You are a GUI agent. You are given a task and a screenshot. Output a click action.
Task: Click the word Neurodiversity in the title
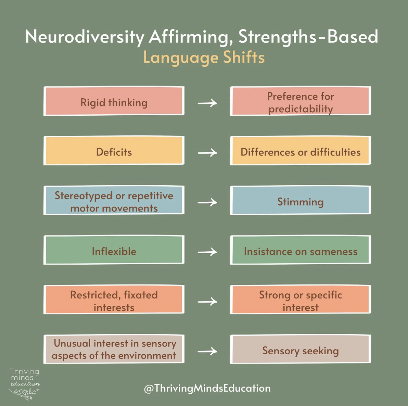coord(85,37)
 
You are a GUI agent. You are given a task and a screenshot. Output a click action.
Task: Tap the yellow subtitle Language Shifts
coord(204,58)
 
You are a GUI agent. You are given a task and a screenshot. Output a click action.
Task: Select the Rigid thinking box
coord(114,101)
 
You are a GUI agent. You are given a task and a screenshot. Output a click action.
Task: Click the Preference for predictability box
coord(300,101)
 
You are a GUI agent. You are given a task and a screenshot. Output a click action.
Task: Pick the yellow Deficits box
coord(114,151)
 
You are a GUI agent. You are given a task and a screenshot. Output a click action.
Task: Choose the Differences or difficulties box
coord(300,151)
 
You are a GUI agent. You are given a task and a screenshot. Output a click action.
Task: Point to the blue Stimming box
coord(300,201)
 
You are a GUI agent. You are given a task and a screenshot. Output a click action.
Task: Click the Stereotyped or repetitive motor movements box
coord(114,201)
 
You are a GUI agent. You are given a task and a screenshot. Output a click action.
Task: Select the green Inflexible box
coord(114,250)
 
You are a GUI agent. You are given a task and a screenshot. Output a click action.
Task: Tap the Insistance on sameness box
coord(300,250)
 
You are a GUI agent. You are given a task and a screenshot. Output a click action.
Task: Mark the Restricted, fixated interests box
coord(114,300)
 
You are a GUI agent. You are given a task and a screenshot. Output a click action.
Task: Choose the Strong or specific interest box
coord(300,300)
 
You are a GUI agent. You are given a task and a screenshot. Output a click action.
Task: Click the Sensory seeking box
coord(300,350)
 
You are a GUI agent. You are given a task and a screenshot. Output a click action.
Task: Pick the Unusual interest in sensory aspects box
coord(114,350)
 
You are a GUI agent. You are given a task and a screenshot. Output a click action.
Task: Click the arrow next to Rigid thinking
coord(207,103)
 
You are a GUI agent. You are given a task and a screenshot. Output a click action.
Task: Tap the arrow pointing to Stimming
coord(207,202)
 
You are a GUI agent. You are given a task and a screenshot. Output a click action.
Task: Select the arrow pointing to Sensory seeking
coord(207,351)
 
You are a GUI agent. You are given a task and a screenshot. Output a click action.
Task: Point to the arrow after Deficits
coord(207,152)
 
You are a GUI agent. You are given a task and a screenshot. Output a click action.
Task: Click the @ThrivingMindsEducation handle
coord(207,388)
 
